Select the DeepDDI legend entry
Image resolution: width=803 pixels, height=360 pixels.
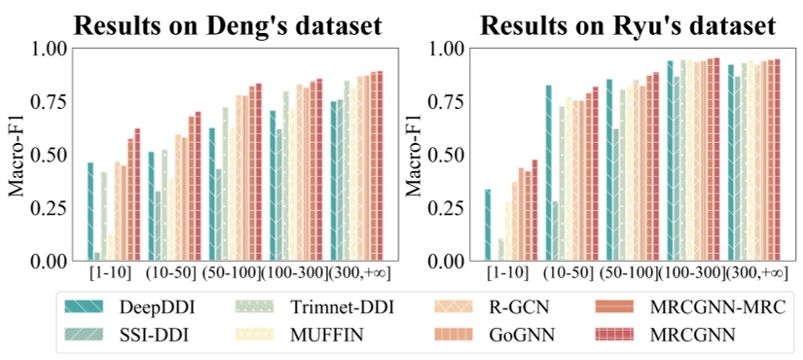[128, 307]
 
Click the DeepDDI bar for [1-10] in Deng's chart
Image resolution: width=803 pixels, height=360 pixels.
[91, 211]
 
